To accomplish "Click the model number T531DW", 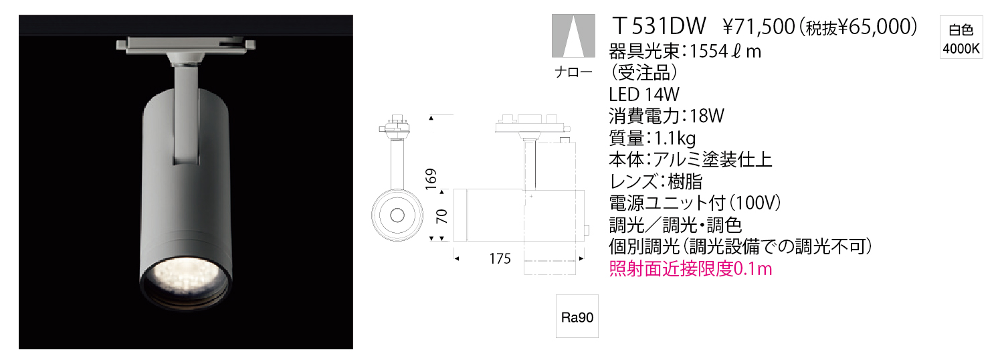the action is tap(659, 26).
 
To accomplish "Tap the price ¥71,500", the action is tap(759, 27).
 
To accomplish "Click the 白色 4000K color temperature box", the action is tap(961, 37).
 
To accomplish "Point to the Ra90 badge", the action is tap(577, 317).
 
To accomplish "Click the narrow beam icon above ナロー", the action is tap(573, 35).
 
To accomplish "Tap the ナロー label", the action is tap(573, 72).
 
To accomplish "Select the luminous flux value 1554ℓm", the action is tap(726, 52).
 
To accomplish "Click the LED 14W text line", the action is tap(644, 94).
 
